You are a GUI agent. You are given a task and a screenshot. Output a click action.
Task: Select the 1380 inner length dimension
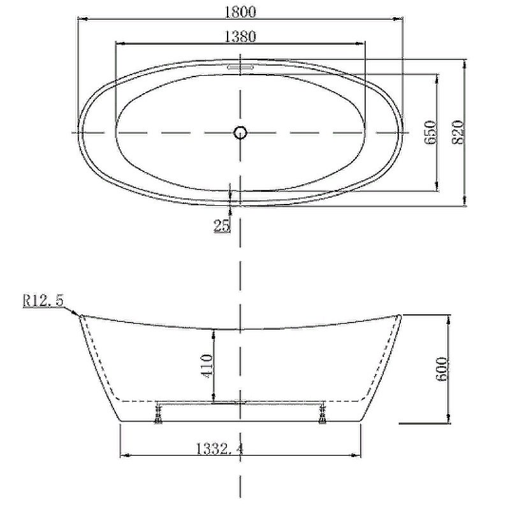coord(240,36)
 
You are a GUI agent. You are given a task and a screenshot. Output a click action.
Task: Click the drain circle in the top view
coord(240,133)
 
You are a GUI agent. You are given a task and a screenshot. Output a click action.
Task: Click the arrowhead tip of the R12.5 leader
coord(79,314)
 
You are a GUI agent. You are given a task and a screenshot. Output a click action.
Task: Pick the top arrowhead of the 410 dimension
coord(214,330)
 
